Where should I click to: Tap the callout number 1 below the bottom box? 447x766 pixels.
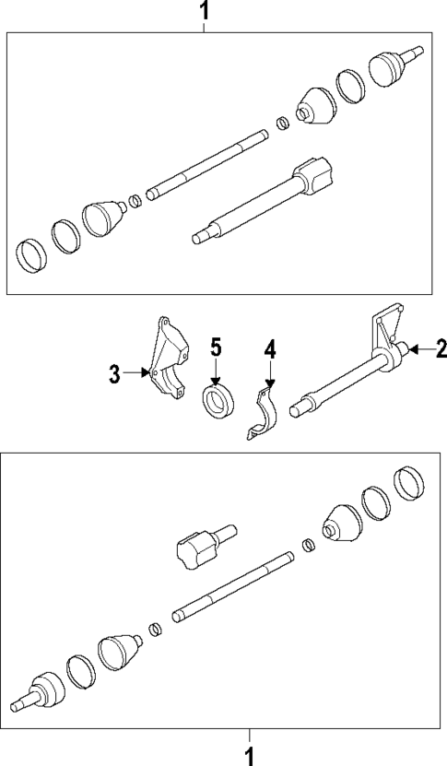tap(248, 755)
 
